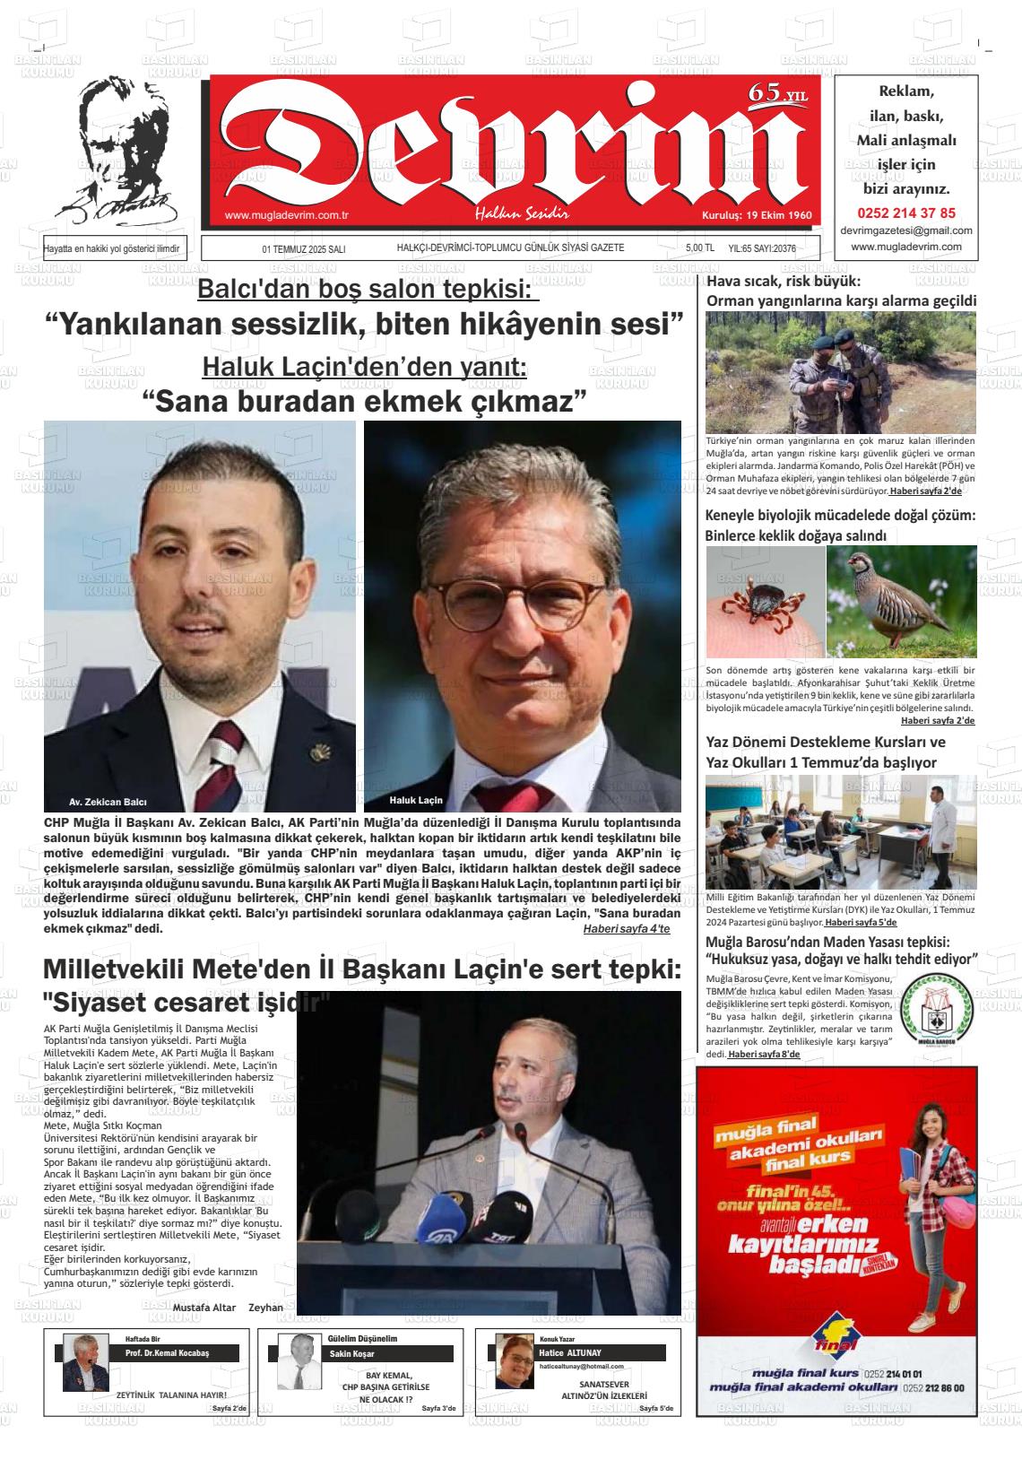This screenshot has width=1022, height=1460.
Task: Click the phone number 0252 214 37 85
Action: click(x=906, y=213)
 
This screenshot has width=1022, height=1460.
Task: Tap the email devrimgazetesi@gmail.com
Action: click(x=906, y=230)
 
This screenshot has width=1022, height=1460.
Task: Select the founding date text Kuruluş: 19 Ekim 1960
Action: click(x=756, y=216)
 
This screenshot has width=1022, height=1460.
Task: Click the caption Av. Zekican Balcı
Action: click(x=108, y=802)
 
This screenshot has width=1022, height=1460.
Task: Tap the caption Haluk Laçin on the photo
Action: click(x=416, y=799)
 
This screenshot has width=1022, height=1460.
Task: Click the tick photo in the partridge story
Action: click(x=764, y=602)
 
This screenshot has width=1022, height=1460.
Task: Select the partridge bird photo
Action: click(x=901, y=602)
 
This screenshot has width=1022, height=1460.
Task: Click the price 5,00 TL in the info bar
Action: click(x=699, y=248)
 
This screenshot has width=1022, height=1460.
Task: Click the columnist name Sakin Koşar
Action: click(x=352, y=1353)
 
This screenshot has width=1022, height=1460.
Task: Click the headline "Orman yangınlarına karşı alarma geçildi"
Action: click(x=841, y=301)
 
